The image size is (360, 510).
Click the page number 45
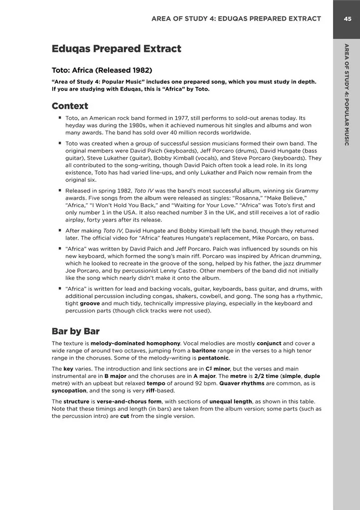pyautogui.click(x=347, y=19)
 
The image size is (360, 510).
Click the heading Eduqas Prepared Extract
pyautogui.click(x=116, y=49)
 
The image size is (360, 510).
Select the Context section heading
pyautogui.click(x=70, y=106)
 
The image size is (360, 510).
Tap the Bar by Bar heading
pyautogui.click(x=76, y=331)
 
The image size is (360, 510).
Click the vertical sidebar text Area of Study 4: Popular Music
pyautogui.click(x=347, y=95)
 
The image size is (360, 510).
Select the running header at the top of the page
pyautogui.click(x=236, y=19)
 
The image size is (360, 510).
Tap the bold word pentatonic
pyautogui.click(x=214, y=358)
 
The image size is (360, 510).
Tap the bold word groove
pyautogui.click(x=90, y=303)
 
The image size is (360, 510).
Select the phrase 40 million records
pyautogui.click(x=193, y=132)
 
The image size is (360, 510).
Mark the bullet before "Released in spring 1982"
pyautogui.click(x=60, y=191)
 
